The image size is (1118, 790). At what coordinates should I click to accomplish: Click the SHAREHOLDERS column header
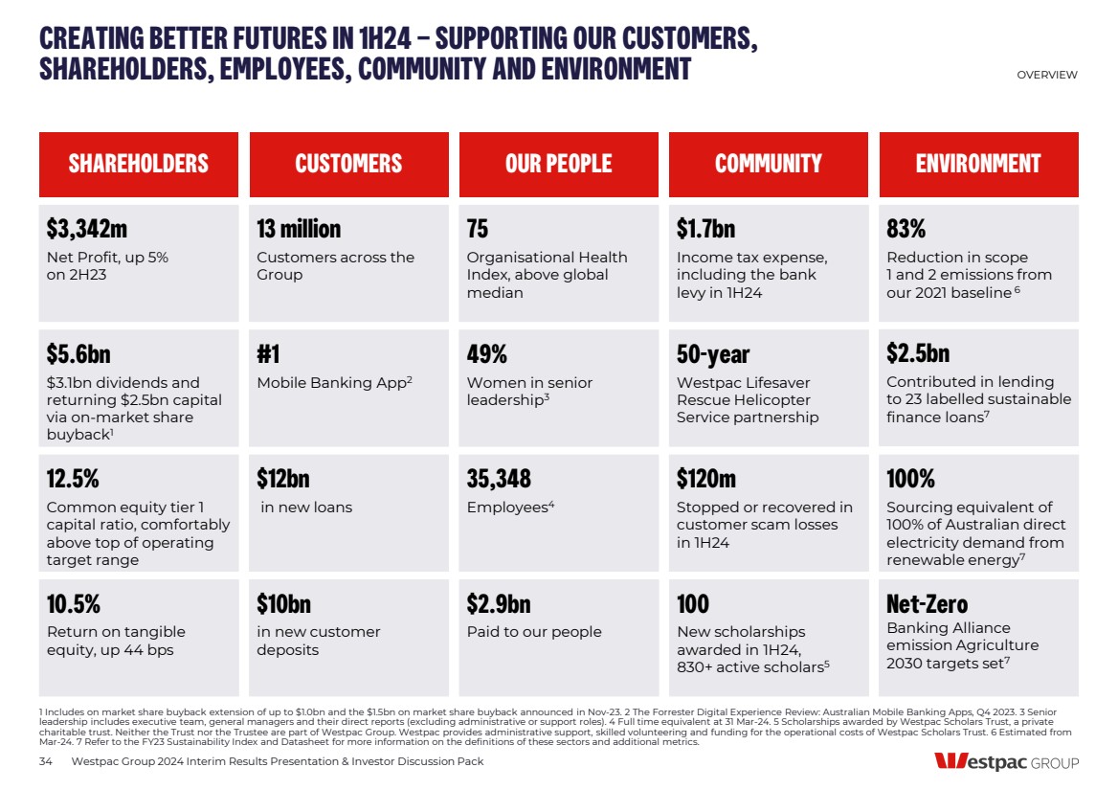138,164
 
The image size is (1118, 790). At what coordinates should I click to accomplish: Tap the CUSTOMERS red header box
348,164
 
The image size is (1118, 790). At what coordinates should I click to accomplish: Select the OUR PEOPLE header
558,164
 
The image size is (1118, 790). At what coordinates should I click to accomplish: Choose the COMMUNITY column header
768,164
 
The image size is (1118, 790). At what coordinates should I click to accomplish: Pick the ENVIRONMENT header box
977,164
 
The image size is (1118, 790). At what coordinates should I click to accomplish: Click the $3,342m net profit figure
87,229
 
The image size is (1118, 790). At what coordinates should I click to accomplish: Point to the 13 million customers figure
299,229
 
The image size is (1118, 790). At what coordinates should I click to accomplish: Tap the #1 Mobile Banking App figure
268,354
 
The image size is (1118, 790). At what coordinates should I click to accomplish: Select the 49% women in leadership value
486,354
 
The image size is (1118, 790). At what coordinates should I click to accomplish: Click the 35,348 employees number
499,479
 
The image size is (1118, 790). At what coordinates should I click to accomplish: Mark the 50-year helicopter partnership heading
713,354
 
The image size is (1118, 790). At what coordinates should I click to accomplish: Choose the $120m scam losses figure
706,479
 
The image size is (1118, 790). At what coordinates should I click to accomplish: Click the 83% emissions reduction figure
906,229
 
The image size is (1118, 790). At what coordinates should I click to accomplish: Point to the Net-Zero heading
927,604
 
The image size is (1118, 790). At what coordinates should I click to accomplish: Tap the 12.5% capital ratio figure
73,479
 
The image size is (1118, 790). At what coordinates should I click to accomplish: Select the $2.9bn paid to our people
498,604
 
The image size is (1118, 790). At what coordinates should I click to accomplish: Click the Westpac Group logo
1006,762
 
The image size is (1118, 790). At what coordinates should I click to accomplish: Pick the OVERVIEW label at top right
1046,75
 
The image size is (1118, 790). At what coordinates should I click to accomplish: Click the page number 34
45,761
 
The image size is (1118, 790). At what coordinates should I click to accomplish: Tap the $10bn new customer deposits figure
283,604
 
